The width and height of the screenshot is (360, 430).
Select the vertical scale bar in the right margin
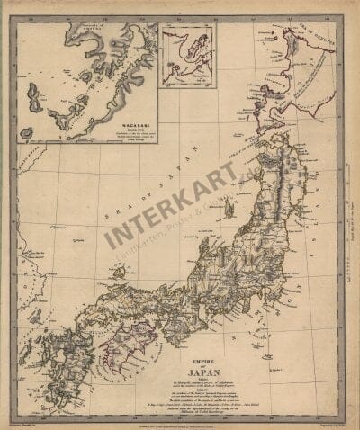[348, 225]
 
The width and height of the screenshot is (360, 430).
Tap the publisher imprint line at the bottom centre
[180, 420]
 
